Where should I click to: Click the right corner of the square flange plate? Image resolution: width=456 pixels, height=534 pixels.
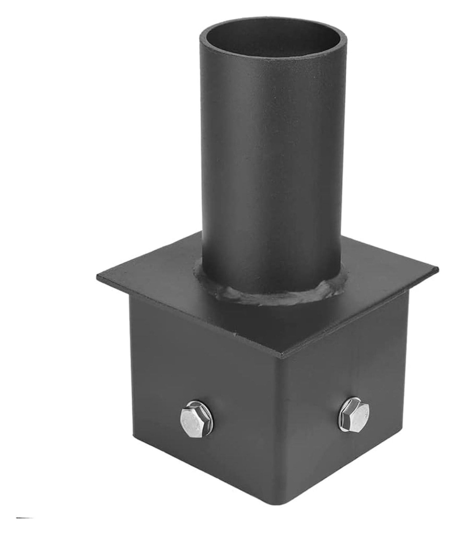coord(438,269)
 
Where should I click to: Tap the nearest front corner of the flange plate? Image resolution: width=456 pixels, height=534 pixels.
coord(282,353)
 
